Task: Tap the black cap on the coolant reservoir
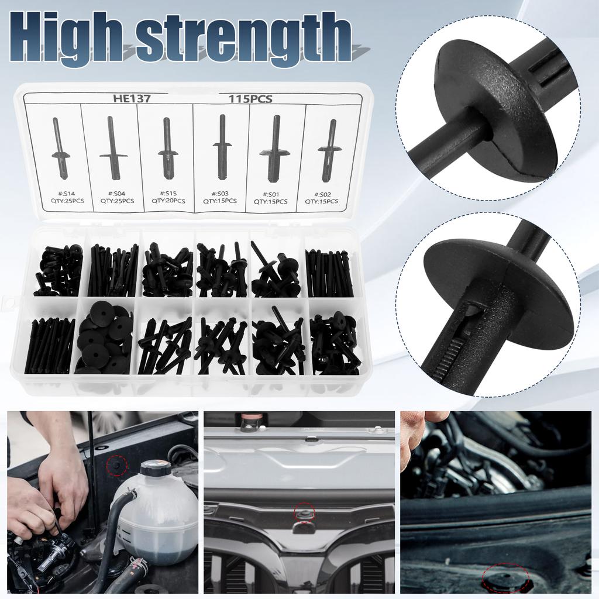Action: coord(156,468)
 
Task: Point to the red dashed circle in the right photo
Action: coord(507,576)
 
